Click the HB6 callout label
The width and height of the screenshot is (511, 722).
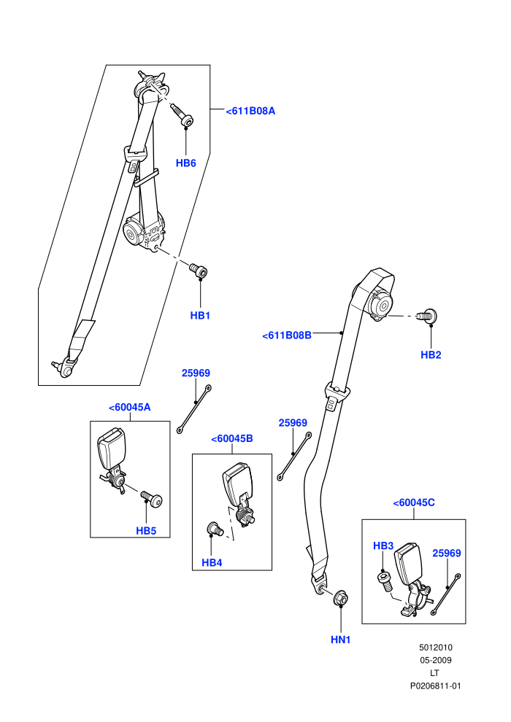click(185, 163)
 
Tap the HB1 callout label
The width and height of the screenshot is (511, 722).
click(200, 315)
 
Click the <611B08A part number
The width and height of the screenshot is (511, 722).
click(250, 111)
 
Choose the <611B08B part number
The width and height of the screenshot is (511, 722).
click(287, 335)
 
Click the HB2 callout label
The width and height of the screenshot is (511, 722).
click(431, 354)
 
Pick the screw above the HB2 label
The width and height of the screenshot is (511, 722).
click(427, 317)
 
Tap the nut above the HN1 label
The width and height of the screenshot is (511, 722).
click(340, 597)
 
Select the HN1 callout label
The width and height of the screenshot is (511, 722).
click(340, 640)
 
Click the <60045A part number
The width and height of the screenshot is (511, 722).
click(129, 407)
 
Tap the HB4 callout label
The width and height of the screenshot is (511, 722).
click(212, 563)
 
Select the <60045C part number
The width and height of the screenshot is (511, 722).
click(414, 502)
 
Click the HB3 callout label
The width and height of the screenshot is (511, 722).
click(383, 546)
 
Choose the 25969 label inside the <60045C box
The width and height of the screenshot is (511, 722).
click(447, 553)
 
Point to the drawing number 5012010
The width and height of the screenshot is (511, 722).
click(435, 647)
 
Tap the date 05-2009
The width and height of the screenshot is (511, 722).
click(435, 660)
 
